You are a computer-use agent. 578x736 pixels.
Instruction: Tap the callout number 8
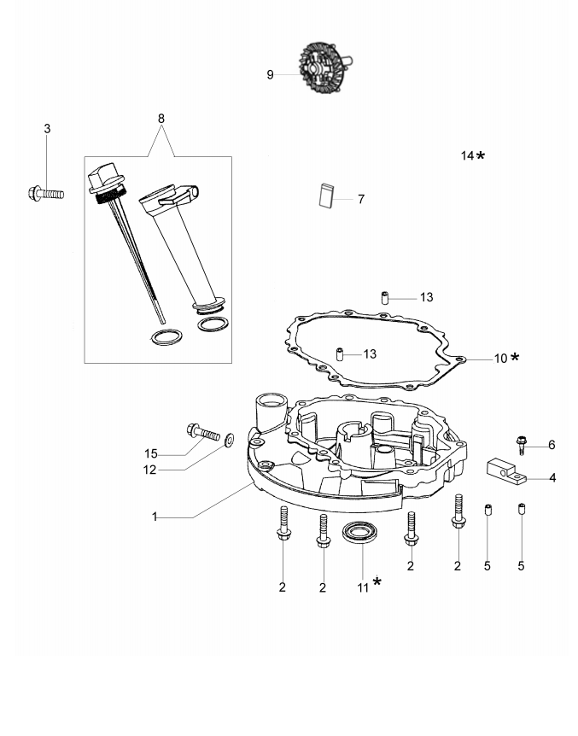pos(161,117)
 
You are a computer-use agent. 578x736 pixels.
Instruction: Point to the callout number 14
pos(467,155)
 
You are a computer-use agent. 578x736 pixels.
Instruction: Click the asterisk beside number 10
pos(515,357)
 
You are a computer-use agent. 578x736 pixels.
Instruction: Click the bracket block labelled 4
pos(506,470)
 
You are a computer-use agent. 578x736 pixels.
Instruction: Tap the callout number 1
pos(155,517)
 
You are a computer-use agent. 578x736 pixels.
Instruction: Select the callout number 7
pos(361,199)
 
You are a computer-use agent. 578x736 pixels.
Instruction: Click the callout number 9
pos(271,75)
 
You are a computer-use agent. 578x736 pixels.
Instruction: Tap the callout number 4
pos(552,477)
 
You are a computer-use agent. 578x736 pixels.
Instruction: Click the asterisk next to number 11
pos(377,583)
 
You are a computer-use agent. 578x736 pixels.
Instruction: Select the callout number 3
pos(47,128)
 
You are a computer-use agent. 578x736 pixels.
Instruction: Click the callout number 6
pos(552,445)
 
